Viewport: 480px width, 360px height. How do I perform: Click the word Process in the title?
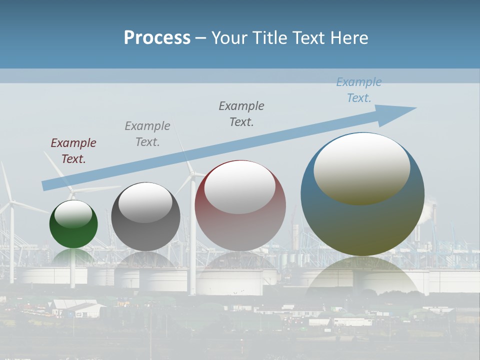[x=157, y=37]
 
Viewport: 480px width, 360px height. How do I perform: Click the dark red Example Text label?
[x=73, y=150]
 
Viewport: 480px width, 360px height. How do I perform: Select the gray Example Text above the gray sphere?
[x=147, y=133]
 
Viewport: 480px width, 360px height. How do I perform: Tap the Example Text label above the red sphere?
[x=241, y=113]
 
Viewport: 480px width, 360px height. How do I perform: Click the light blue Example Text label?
[x=359, y=90]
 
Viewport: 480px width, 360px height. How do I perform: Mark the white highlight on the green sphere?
[x=73, y=214]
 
